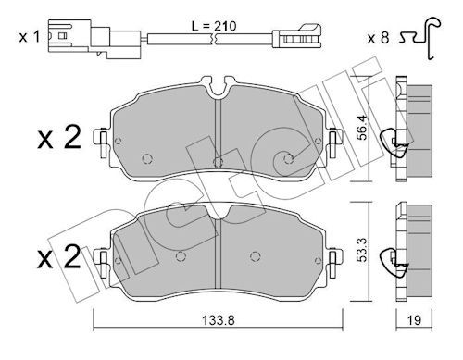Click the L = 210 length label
tap(214, 26)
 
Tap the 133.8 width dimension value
tap(219, 320)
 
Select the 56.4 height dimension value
tap(362, 128)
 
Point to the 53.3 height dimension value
tap(362, 250)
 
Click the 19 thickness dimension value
tap(414, 320)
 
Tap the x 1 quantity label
tap(30, 37)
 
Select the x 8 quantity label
tap(378, 39)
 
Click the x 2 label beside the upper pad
tap(59, 137)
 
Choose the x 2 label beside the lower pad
tap(59, 256)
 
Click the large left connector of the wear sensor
tap(94, 39)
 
